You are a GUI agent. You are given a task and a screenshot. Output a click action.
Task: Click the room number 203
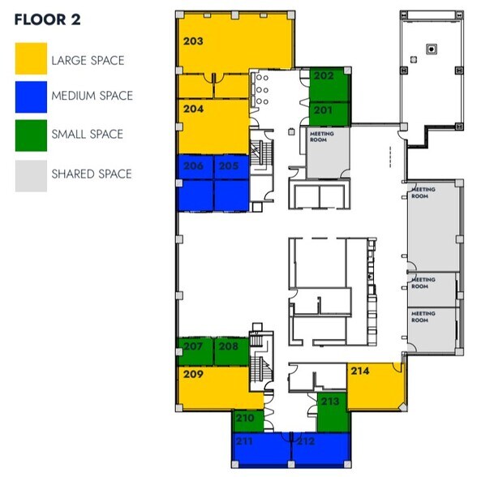pyautogui.click(x=192, y=41)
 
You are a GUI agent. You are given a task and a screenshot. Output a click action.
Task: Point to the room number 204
pyautogui.click(x=192, y=108)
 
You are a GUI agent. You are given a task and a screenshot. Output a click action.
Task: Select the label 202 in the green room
pyautogui.click(x=324, y=76)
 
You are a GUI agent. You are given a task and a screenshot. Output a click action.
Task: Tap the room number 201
pyautogui.click(x=324, y=110)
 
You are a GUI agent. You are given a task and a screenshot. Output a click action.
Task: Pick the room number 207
pyautogui.click(x=193, y=346)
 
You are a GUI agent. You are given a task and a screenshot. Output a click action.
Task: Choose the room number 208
pyautogui.click(x=229, y=346)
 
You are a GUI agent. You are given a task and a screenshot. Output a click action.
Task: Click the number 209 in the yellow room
pyautogui.click(x=193, y=375)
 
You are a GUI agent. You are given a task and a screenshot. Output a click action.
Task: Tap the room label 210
pyautogui.click(x=244, y=419)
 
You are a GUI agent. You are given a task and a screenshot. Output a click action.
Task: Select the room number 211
pyautogui.click(x=244, y=441)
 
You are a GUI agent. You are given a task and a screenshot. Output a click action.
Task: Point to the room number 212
pyautogui.click(x=306, y=441)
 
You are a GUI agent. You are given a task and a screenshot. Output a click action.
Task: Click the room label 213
pyautogui.click(x=330, y=402)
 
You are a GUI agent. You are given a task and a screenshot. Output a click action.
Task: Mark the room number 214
pyautogui.click(x=360, y=371)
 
